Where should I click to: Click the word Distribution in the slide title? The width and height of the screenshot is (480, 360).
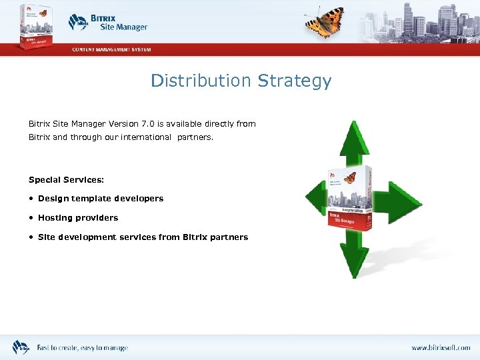(200, 81)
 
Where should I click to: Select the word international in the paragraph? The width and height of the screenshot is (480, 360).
(146, 137)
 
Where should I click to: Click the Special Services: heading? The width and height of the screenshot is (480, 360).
(66, 180)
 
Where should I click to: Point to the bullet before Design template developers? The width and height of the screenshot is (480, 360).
(31, 199)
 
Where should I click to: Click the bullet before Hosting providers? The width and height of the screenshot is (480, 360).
(31, 218)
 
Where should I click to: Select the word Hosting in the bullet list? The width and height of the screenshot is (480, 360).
(55, 218)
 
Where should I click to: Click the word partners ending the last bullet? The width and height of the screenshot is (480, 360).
(229, 237)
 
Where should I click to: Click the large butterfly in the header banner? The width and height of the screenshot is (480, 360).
(325, 22)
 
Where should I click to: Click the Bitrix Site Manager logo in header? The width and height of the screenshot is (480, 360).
(108, 23)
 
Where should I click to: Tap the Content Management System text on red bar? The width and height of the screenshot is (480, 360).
(112, 49)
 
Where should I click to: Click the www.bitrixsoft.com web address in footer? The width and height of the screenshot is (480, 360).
(440, 348)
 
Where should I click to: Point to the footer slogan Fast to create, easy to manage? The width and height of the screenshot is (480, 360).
(82, 348)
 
